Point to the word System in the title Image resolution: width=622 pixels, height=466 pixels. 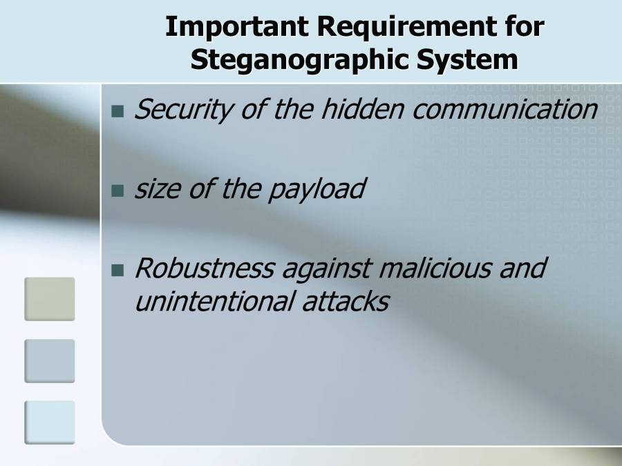466,60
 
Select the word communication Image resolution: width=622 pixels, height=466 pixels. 505,109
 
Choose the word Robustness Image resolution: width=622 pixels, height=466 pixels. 204,268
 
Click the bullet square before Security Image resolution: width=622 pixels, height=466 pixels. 117,110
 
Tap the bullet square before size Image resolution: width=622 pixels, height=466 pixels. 117,190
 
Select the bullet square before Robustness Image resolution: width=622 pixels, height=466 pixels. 117,269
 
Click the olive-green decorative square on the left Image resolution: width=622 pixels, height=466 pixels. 50,299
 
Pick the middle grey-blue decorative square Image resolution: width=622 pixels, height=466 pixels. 50,360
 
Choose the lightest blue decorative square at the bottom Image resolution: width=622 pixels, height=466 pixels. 50,422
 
